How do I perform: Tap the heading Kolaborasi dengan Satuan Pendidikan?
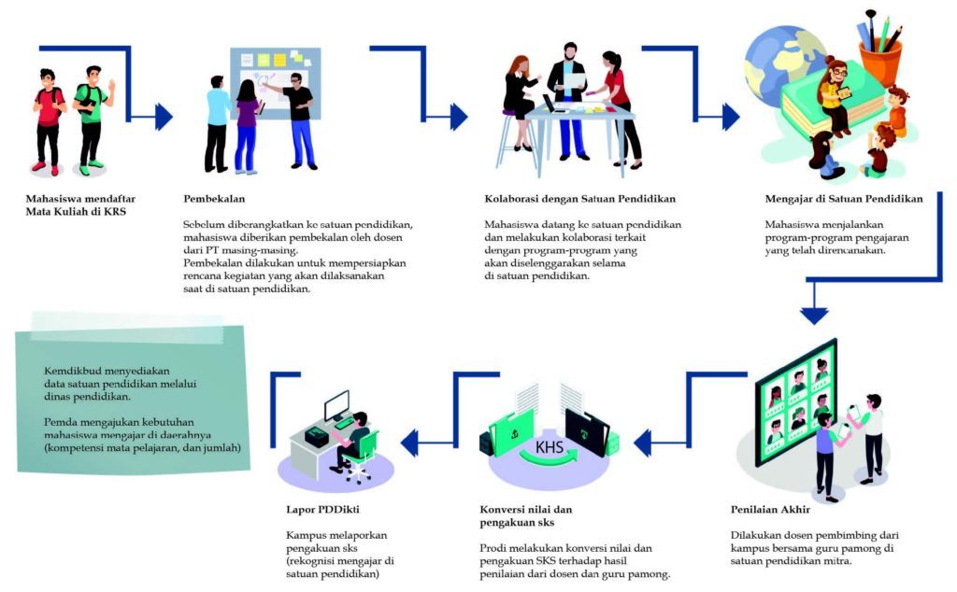tap(579, 199)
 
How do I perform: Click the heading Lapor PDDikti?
tap(318, 510)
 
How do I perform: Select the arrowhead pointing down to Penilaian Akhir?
tap(815, 315)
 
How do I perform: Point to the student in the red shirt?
tap(48, 116)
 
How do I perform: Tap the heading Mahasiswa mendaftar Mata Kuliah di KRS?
tap(76, 205)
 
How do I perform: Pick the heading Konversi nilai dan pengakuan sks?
tap(525, 516)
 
